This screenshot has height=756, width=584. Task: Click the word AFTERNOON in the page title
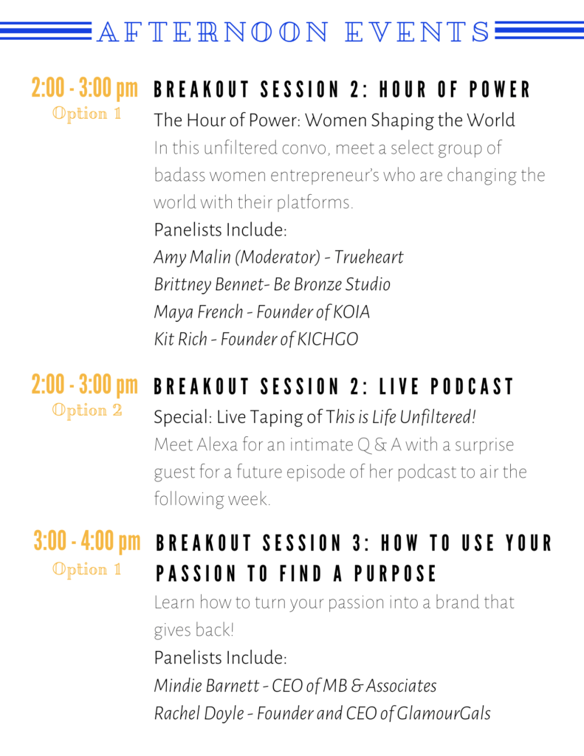tap(213, 32)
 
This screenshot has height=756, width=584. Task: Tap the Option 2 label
tap(87, 410)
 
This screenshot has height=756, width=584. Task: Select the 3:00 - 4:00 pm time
tap(87, 541)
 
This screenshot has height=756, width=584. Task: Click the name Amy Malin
tap(193, 257)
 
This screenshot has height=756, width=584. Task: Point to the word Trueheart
tap(368, 257)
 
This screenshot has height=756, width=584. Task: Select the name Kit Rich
tap(180, 340)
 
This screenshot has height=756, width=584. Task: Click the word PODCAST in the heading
tap(472, 387)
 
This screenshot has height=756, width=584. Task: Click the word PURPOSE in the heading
tap(395, 574)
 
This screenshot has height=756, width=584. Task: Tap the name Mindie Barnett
tap(207, 686)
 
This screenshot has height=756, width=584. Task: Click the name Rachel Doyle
tap(199, 714)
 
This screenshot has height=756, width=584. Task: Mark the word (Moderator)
tap(278, 257)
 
